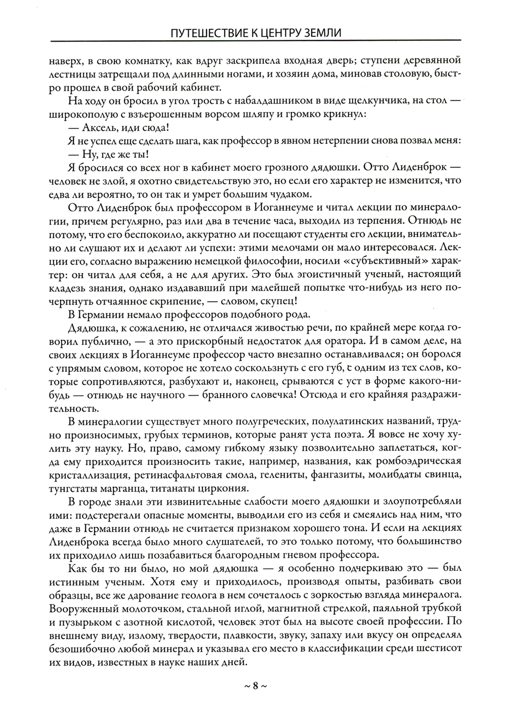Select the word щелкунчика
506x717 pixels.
(x=408, y=101)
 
